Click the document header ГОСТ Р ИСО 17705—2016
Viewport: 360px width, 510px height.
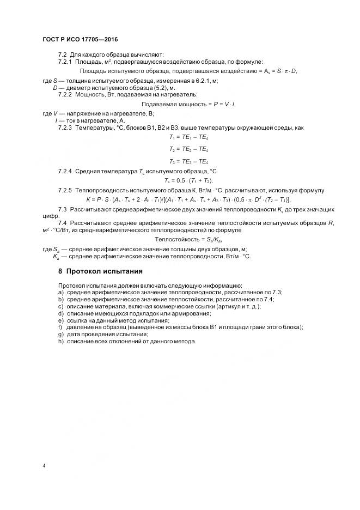(x=80, y=40)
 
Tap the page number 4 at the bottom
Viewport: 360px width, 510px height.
(x=44, y=466)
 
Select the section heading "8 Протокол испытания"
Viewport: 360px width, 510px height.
(x=100, y=271)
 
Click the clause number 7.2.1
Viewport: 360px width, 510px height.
(x=65, y=62)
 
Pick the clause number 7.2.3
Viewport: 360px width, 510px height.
(x=65, y=128)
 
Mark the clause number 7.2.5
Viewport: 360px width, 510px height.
(x=65, y=190)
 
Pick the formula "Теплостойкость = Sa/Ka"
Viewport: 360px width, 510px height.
(x=189, y=239)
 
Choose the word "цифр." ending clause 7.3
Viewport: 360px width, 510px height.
(x=50, y=216)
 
